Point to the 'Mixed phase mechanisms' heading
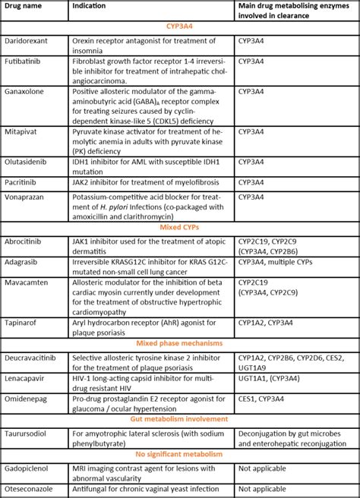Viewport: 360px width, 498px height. point(179,343)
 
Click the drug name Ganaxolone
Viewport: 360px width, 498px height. point(25,90)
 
